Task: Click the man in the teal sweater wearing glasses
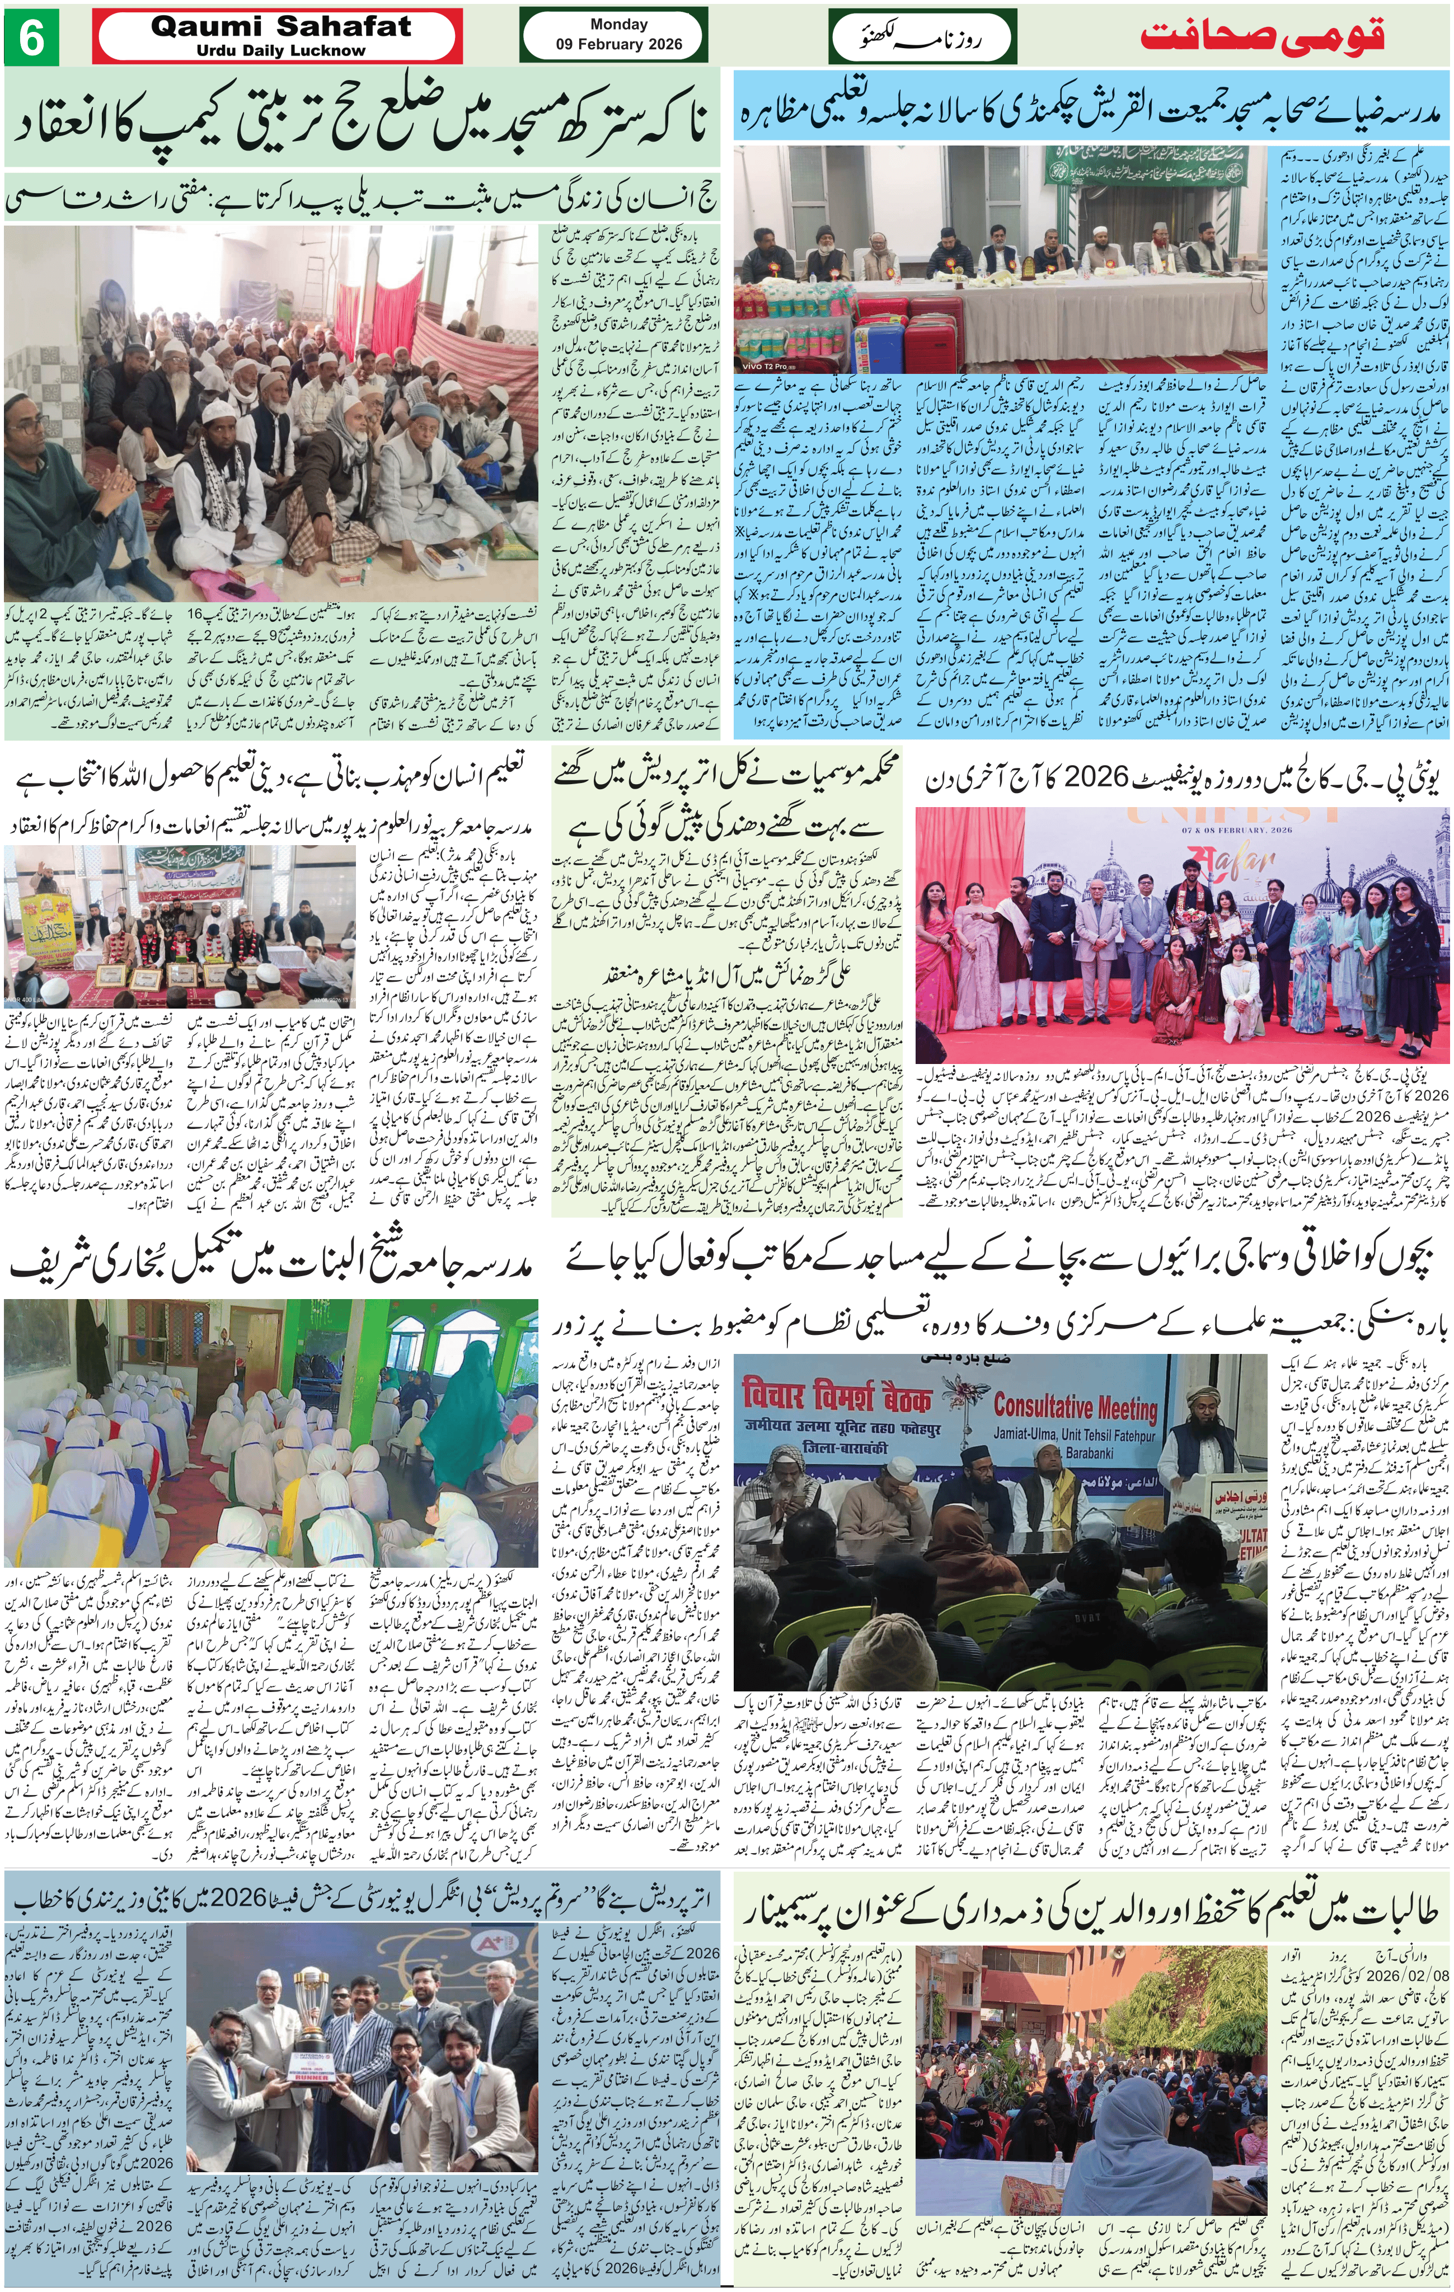(x=40, y=466)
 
